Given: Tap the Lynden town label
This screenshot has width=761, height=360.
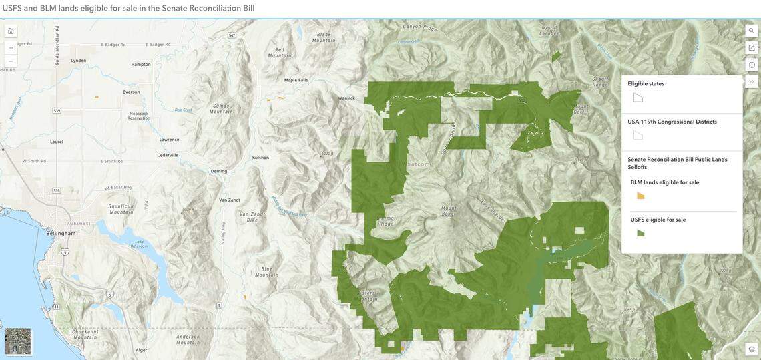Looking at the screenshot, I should (x=78, y=61).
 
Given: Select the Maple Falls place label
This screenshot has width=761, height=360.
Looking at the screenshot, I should (x=296, y=80).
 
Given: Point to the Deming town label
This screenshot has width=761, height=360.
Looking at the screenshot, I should (x=219, y=171).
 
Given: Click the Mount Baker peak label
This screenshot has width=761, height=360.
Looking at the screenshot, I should (x=449, y=211).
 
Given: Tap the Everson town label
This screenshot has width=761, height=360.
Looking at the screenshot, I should (x=132, y=92).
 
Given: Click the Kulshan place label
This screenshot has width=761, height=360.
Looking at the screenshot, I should (x=260, y=158).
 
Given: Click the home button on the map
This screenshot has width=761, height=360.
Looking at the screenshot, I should (x=11, y=31).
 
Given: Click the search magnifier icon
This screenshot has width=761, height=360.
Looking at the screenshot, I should (x=752, y=31).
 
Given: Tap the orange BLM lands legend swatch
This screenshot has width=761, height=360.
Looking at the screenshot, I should (x=640, y=196).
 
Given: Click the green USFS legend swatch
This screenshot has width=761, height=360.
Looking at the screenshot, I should (x=640, y=233).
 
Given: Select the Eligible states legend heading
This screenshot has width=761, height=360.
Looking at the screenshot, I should (x=646, y=84).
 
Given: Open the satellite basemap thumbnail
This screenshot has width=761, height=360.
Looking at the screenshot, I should (x=18, y=341).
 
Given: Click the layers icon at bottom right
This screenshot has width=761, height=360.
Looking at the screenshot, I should (x=752, y=349).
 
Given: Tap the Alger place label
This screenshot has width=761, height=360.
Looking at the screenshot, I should (x=141, y=350).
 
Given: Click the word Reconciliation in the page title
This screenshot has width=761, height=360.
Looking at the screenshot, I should (x=215, y=8).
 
